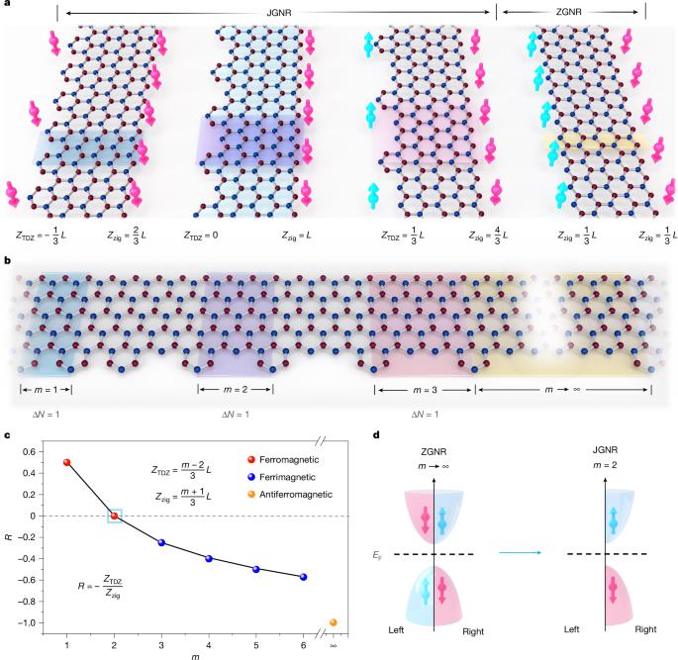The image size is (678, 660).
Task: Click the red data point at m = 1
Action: pyautogui.click(x=66, y=462)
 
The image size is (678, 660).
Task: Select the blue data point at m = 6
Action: pyautogui.click(x=303, y=577)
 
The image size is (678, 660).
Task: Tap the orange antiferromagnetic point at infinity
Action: pyautogui.click(x=334, y=622)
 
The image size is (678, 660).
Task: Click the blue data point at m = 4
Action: pyautogui.click(x=208, y=558)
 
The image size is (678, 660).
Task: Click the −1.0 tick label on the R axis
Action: pyautogui.click(x=33, y=622)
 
